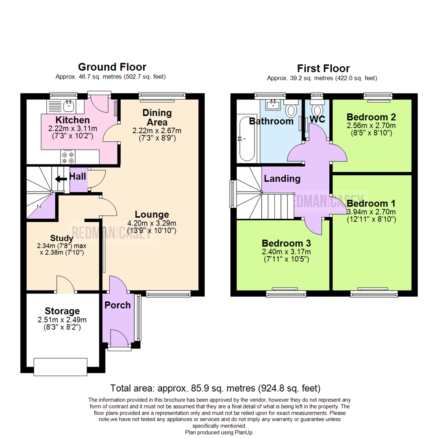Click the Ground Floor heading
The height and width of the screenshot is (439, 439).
(112, 67)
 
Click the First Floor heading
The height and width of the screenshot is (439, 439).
(323, 68)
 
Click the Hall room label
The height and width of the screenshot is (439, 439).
(77, 176)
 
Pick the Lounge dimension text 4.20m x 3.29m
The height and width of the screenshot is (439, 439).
(152, 223)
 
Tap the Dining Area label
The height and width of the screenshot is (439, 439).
(156, 117)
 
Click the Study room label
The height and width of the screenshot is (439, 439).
(62, 238)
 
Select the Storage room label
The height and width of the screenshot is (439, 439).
(62, 311)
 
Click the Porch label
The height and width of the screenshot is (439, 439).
(117, 305)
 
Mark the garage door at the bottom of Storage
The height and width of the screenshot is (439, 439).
(60, 367)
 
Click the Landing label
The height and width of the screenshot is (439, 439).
(282, 178)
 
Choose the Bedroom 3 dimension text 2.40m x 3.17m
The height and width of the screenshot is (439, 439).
(286, 252)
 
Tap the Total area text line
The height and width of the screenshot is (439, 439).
(215, 388)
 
